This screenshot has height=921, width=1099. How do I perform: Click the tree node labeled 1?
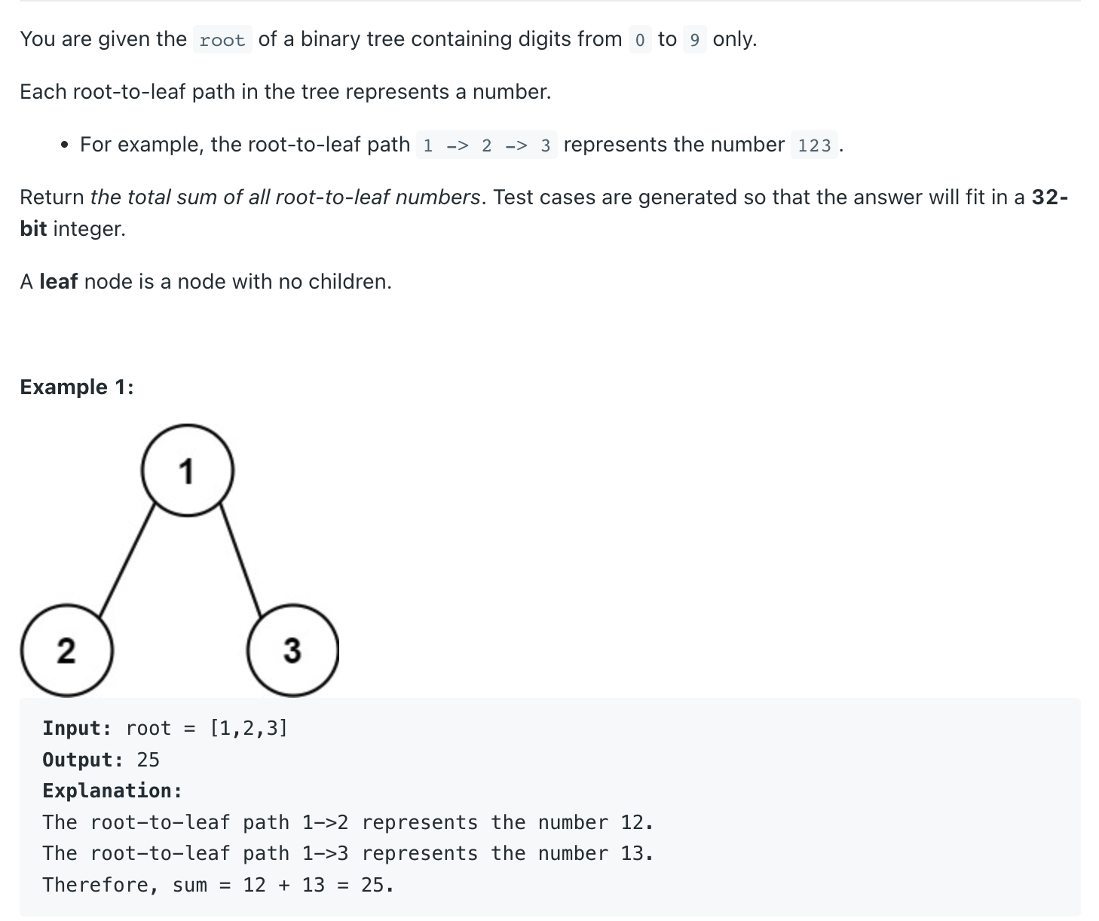(188, 470)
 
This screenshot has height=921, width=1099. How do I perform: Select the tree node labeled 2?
(66, 650)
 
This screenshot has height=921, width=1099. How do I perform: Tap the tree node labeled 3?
(292, 650)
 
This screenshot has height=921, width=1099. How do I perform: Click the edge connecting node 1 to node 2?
(127, 561)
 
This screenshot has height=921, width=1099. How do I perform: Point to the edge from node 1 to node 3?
(240, 561)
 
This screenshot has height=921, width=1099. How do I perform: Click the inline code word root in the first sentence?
(222, 40)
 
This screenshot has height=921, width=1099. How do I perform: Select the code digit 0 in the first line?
(639, 40)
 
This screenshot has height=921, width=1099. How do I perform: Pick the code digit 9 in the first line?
(694, 40)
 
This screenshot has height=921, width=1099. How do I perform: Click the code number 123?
(814, 145)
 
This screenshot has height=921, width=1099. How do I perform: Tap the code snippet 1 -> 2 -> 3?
(486, 145)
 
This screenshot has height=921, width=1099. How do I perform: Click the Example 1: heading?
(77, 387)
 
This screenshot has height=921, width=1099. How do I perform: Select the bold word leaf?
(59, 282)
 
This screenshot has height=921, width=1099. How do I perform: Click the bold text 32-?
(1049, 197)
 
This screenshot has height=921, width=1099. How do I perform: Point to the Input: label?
(77, 729)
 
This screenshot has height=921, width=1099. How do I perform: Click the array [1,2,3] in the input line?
(249, 729)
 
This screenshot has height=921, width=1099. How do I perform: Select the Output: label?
(82, 760)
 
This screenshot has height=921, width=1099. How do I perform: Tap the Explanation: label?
(112, 791)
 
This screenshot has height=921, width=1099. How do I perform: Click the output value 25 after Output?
(148, 760)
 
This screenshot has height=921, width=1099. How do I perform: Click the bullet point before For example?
(66, 145)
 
